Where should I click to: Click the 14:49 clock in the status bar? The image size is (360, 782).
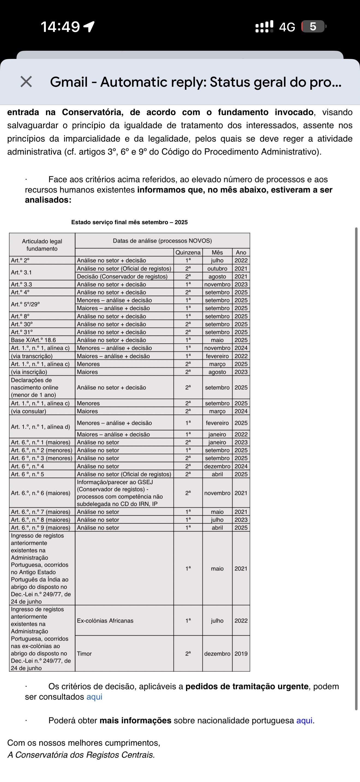(x=60, y=27)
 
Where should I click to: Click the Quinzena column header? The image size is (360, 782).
(x=188, y=252)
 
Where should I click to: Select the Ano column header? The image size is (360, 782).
(x=241, y=252)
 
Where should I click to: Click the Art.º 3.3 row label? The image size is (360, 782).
(x=22, y=284)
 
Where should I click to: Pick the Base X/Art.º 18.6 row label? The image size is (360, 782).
(x=33, y=340)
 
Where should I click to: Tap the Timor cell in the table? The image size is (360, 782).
(x=84, y=654)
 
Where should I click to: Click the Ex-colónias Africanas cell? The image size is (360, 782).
(x=105, y=621)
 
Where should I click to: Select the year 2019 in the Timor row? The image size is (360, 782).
(x=241, y=654)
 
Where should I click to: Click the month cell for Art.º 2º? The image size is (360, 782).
(x=217, y=260)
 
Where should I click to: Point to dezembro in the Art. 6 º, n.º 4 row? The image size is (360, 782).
(x=217, y=466)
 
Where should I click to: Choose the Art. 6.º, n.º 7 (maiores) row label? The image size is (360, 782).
(x=41, y=512)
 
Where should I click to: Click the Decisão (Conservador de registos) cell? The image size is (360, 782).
(x=122, y=276)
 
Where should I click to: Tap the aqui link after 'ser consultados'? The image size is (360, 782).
(x=94, y=697)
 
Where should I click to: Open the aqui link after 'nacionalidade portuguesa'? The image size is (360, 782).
(x=304, y=720)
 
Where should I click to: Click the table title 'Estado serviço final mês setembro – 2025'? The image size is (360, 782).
(x=129, y=222)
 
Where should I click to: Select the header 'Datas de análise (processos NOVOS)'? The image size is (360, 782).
(x=162, y=241)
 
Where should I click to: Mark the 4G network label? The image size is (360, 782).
(x=287, y=27)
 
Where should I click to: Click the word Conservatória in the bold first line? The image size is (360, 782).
(x=92, y=112)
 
